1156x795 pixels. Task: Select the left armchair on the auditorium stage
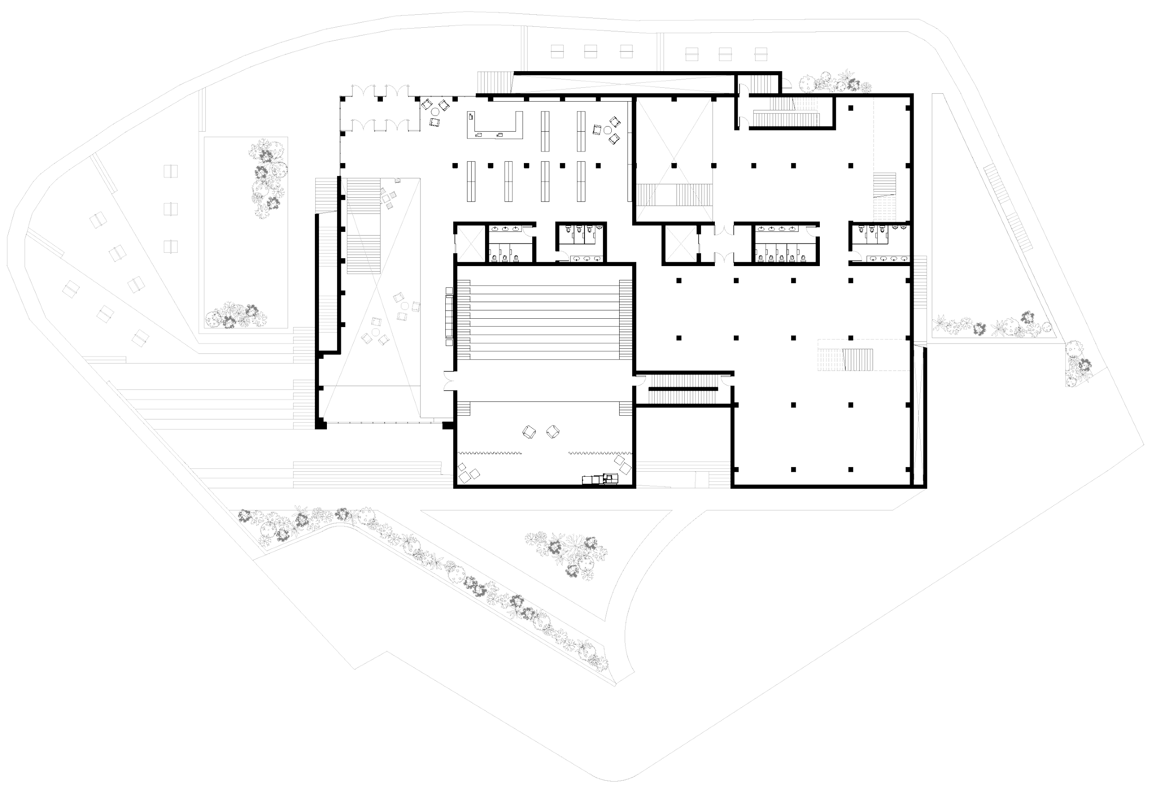tap(529, 431)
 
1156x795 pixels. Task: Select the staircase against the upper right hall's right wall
tap(885, 196)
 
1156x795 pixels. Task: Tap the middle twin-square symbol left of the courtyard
tap(171, 208)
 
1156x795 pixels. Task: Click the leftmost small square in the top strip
tap(557, 51)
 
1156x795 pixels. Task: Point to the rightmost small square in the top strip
tap(761, 53)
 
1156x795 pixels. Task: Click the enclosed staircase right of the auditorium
tap(684, 388)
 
